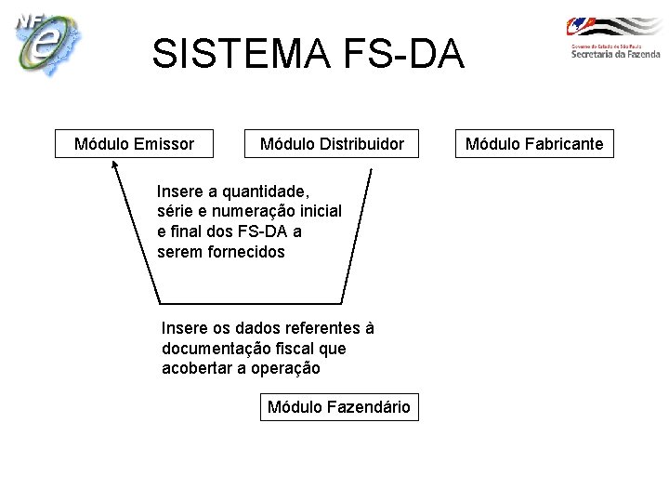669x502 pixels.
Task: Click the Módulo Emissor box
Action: [x=134, y=144]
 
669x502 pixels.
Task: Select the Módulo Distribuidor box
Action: [x=332, y=144]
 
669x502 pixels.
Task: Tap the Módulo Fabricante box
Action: [x=533, y=144]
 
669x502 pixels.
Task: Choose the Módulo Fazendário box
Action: [x=339, y=407]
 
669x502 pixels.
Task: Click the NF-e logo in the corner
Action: [x=46, y=44]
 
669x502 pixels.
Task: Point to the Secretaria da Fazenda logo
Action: [x=613, y=39]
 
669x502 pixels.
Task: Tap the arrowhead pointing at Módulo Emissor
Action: [x=114, y=167]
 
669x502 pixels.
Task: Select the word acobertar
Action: [x=198, y=368]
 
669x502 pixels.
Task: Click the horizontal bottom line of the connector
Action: [x=251, y=302]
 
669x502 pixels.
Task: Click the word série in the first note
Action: [x=175, y=212]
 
